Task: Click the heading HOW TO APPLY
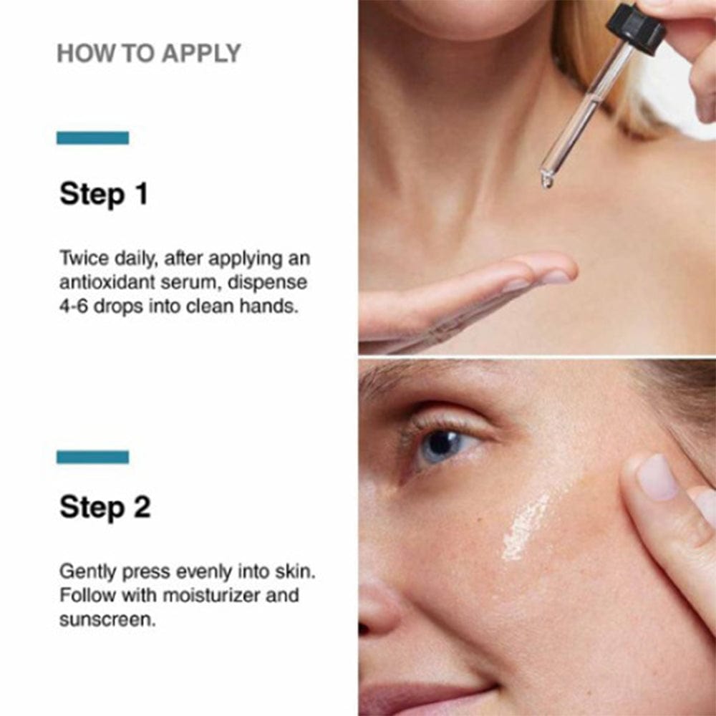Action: [148, 54]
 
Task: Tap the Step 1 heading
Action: [104, 194]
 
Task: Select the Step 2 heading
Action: [105, 507]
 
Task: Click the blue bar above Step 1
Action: [92, 138]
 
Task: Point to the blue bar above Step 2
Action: [92, 457]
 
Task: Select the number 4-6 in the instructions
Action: [74, 306]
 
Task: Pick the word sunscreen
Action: [107, 619]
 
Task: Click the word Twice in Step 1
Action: [84, 258]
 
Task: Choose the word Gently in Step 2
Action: [89, 572]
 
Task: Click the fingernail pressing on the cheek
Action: [657, 477]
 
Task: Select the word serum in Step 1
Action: [187, 283]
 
